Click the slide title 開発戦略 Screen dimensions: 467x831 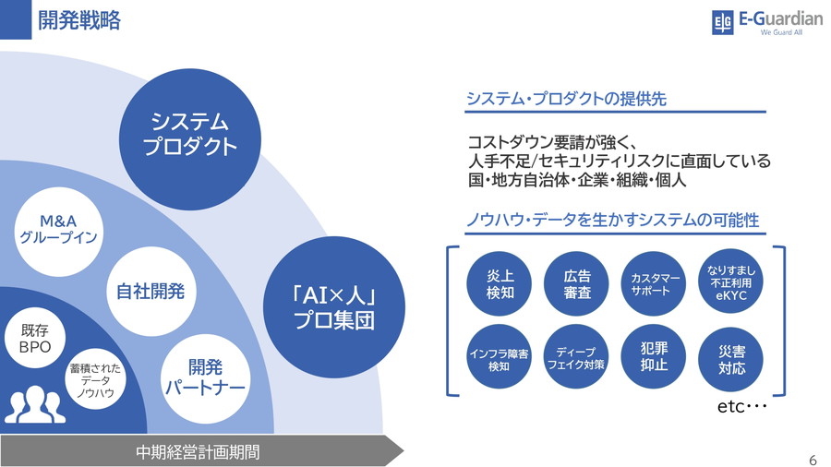[79, 20]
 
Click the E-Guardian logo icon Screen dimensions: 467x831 [722, 22]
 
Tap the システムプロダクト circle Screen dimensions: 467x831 [190, 135]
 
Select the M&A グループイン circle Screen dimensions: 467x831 [58, 230]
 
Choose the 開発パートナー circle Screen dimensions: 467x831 [205, 377]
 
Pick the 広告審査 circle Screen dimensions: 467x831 [577, 283]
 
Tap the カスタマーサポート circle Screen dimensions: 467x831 [656, 283]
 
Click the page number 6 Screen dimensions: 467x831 [813, 460]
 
